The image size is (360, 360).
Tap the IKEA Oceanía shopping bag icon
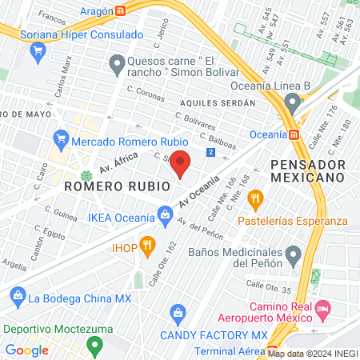click(x=165, y=214)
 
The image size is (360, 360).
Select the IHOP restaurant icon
click(x=146, y=245)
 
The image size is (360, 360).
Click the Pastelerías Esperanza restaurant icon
click(x=256, y=197)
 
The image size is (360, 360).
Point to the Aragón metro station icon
click(x=120, y=11)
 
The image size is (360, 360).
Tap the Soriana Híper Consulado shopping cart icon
click(x=37, y=52)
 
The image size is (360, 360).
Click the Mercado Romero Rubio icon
click(x=59, y=141)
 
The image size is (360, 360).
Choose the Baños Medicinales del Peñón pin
click(x=294, y=257)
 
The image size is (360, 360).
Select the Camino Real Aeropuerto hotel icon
click(x=323, y=307)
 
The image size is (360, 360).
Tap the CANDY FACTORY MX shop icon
click(x=179, y=311)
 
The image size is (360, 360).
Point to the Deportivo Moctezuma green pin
click(x=95, y=346)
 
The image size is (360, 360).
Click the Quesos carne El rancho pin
click(x=117, y=63)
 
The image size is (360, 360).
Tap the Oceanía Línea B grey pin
click(x=293, y=102)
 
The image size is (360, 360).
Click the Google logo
click(x=27, y=350)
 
